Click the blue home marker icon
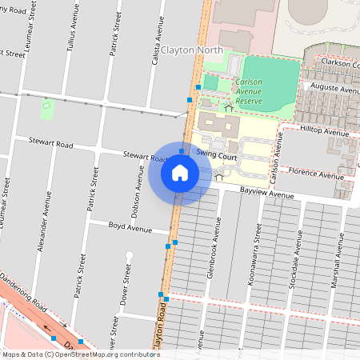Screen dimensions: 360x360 click(x=180, y=172)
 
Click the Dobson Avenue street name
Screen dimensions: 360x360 click(x=138, y=186)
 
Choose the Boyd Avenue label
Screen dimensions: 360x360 click(x=130, y=229)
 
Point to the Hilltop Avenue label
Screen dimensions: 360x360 click(x=325, y=132)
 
